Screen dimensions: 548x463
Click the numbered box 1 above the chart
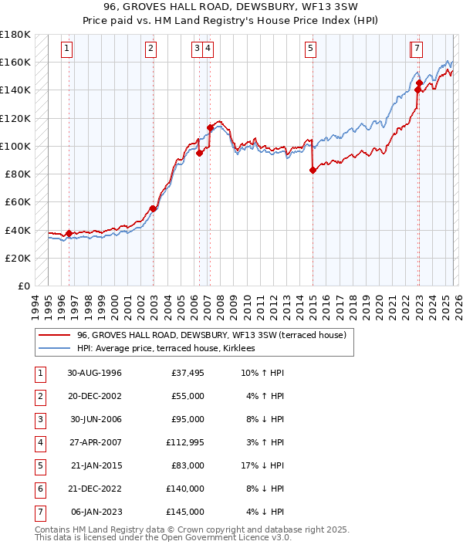[x=68, y=49]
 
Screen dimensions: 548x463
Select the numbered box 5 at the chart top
[x=310, y=49]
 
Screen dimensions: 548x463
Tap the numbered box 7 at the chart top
[x=417, y=49]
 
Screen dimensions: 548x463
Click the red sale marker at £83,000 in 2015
[x=313, y=171]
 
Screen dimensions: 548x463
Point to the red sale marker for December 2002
[x=153, y=208]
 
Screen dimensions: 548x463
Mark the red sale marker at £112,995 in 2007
[x=210, y=127]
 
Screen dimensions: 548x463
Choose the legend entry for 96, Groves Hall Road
[x=211, y=336]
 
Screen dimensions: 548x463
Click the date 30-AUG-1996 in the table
[x=94, y=373]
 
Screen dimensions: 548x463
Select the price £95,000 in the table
[x=186, y=419]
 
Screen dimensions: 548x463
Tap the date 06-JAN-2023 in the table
[x=96, y=512]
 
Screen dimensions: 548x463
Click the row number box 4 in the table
[x=38, y=442]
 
